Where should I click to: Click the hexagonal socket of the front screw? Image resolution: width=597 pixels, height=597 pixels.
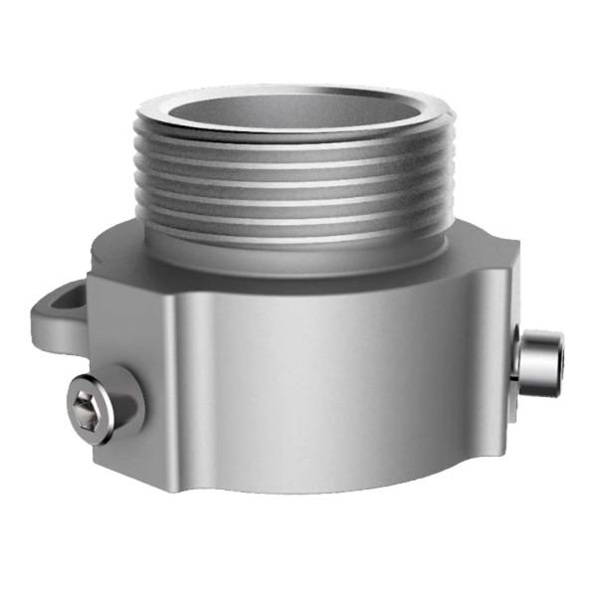coord(88,403)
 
